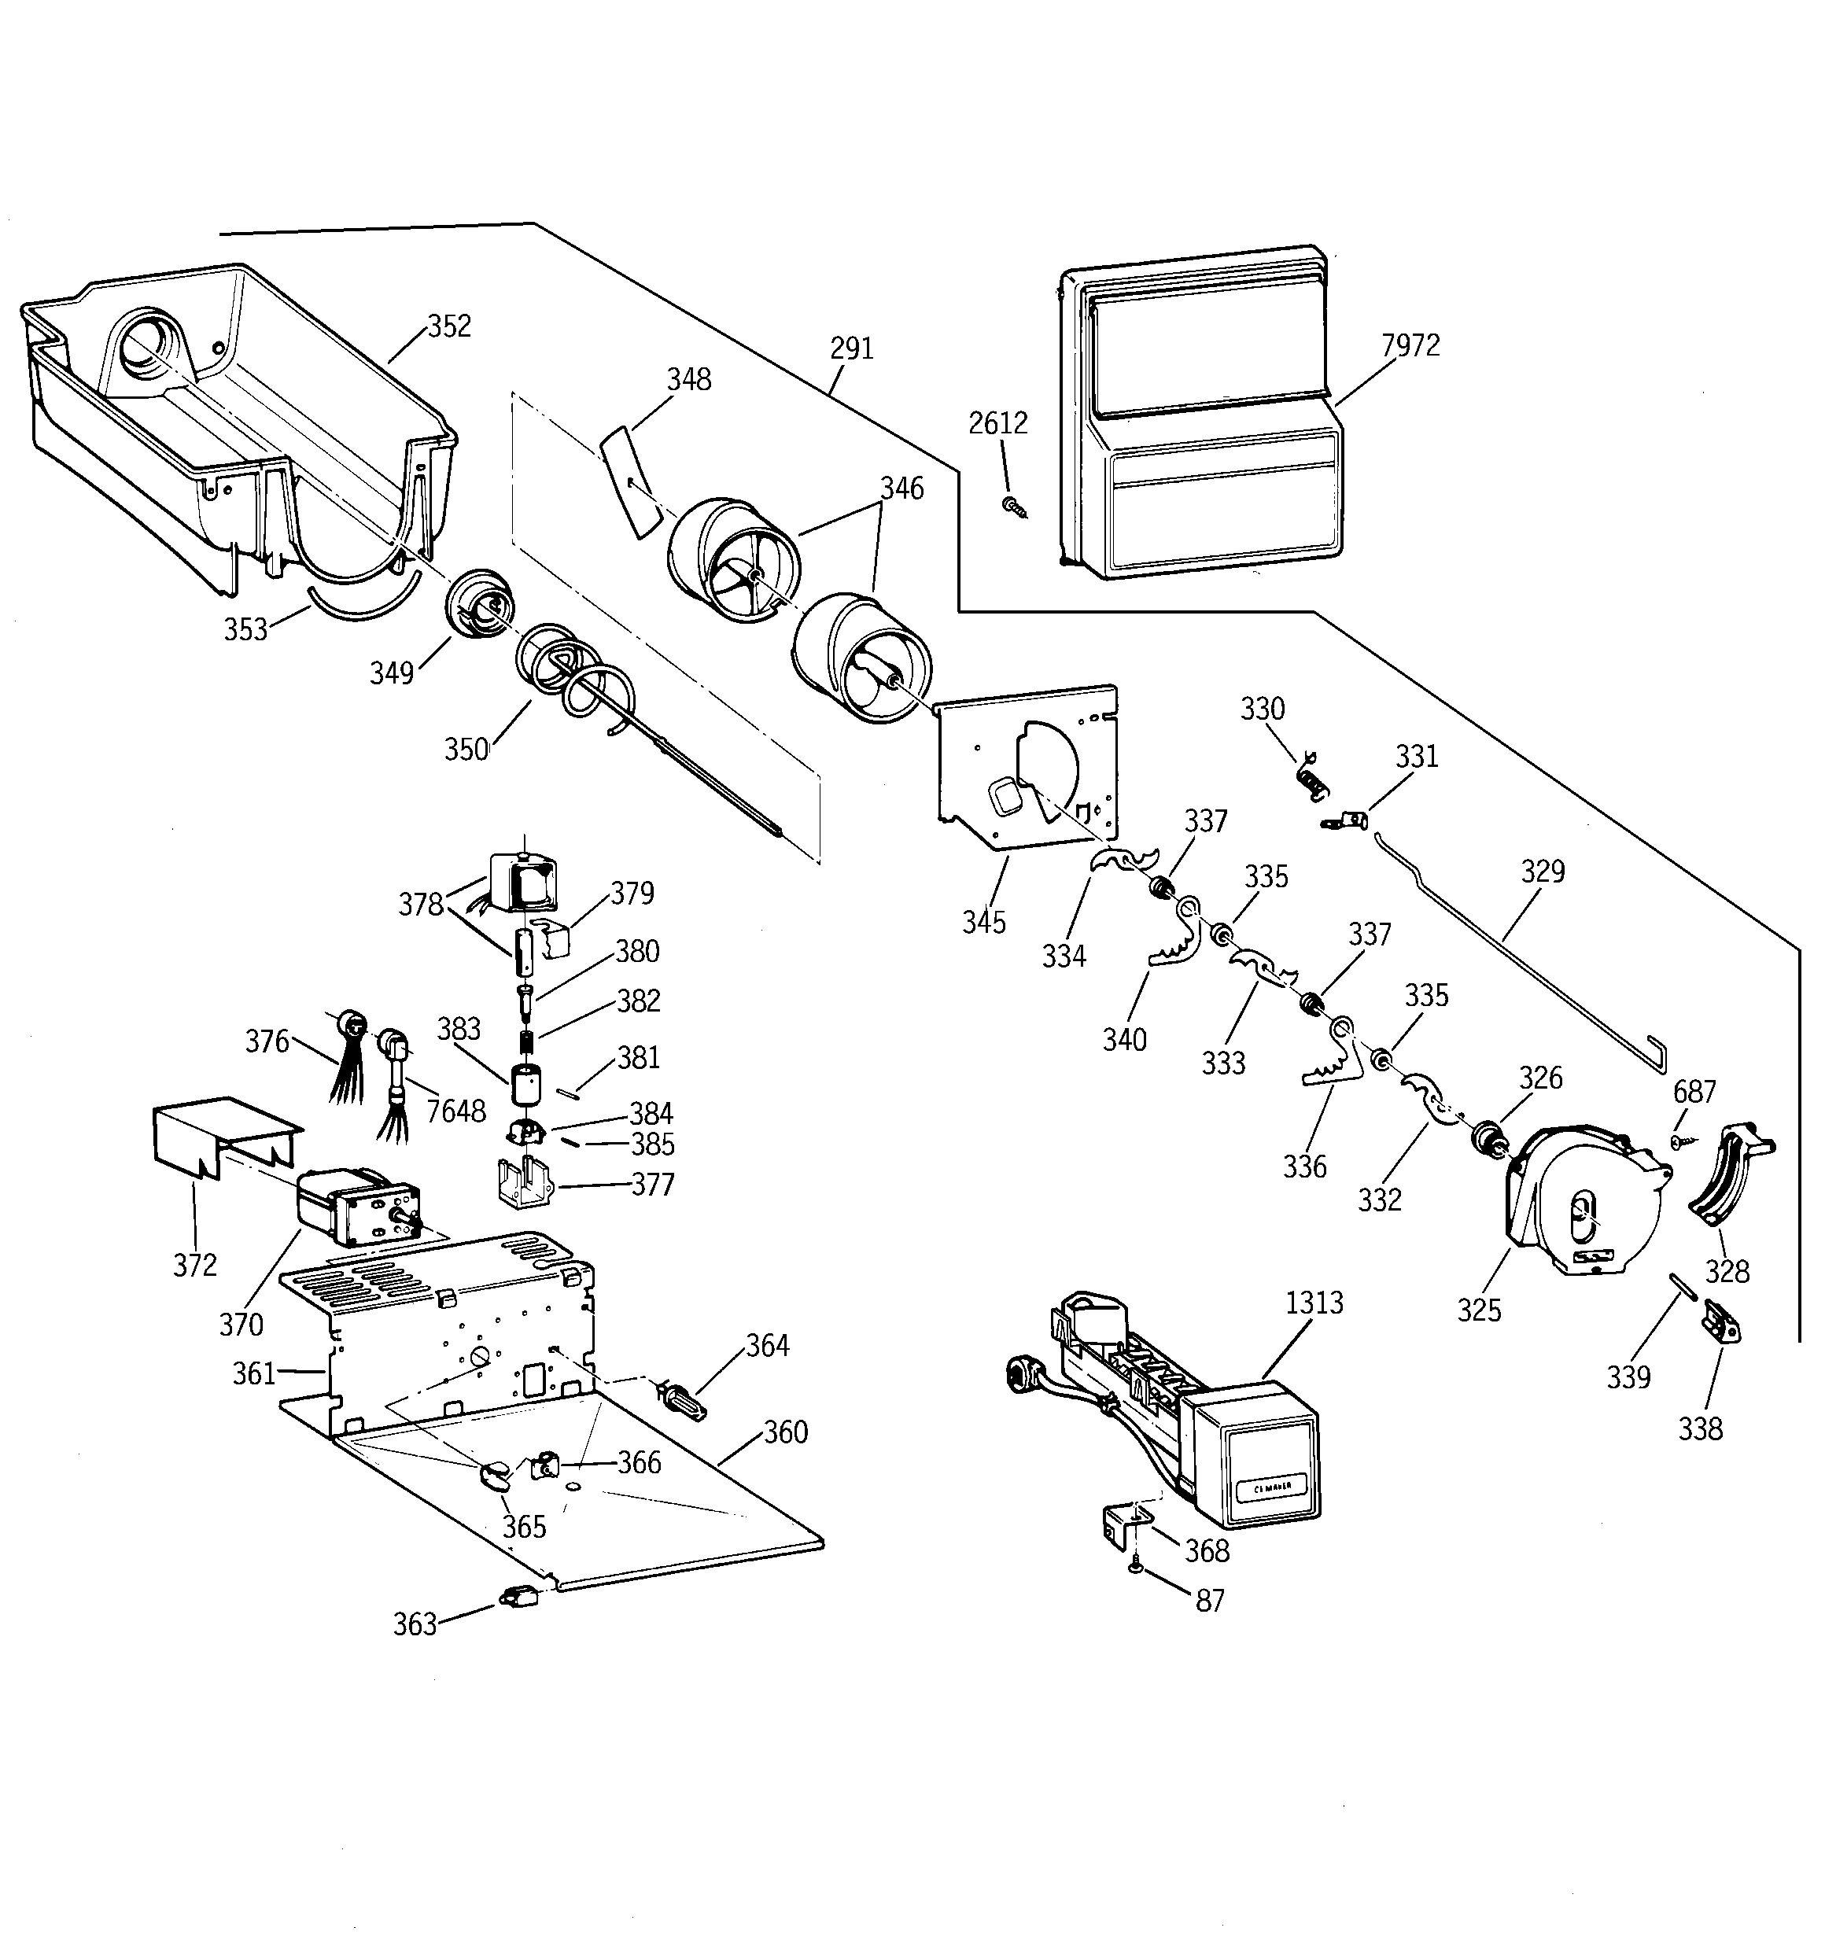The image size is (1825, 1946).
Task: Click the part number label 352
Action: tap(449, 326)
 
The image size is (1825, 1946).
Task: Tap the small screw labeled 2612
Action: tap(1012, 505)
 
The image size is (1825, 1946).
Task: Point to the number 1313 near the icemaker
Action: tap(1314, 1303)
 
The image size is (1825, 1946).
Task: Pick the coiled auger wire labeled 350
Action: tap(577, 676)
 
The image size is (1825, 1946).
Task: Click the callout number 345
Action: tap(983, 922)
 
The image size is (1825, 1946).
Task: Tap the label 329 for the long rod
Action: tap(1542, 872)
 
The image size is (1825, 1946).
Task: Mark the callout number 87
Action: tap(1210, 1601)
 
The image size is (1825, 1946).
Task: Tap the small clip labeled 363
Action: tap(516, 1598)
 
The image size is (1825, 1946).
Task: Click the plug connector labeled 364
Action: tap(683, 1397)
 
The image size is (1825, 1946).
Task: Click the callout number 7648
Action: tap(455, 1111)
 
